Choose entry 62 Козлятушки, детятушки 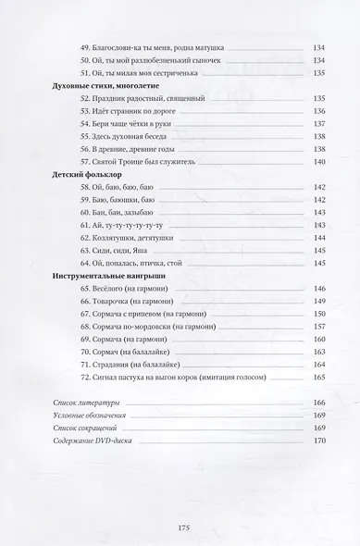126,237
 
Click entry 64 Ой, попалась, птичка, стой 130,263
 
